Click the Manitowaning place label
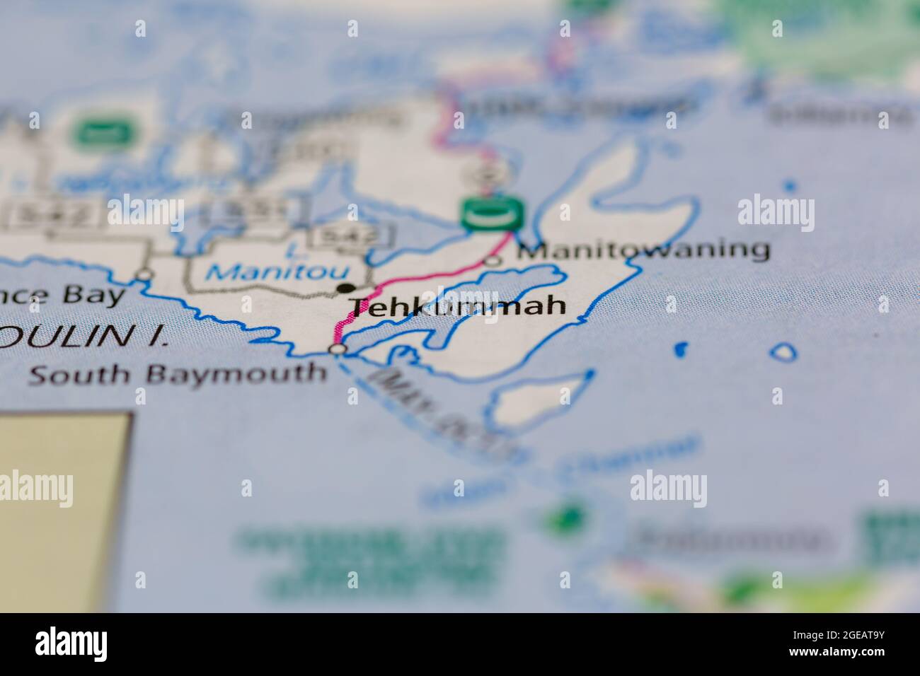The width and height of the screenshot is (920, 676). [643, 250]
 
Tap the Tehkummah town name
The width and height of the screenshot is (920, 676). [459, 306]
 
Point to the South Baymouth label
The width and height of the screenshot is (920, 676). [177, 373]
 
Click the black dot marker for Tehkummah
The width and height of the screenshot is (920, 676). [346, 288]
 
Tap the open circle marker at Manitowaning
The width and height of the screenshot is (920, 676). [493, 261]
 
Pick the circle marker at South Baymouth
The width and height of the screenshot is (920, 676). [339, 349]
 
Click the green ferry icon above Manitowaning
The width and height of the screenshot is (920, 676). [493, 213]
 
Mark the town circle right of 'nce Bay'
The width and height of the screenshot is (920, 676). [145, 274]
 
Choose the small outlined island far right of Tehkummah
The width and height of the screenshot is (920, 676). [783, 351]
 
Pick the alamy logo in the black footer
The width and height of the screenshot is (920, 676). [71, 643]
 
